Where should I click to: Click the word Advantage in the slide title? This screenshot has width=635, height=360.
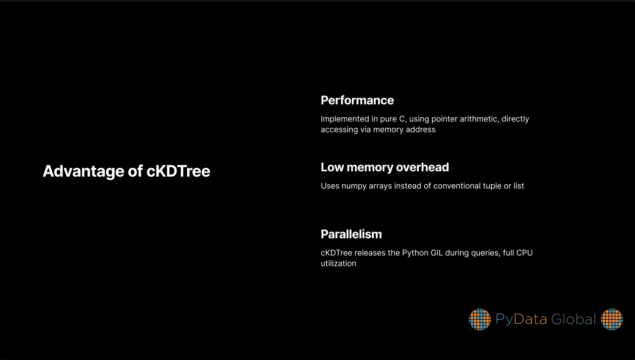[84, 171]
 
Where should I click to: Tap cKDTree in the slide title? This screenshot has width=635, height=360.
[178, 171]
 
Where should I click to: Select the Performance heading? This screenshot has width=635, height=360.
[357, 100]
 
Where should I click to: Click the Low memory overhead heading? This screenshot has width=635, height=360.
[384, 167]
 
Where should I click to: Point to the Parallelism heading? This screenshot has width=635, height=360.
[351, 234]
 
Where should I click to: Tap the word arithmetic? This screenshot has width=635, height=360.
[480, 119]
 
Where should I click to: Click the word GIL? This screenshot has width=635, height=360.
[437, 253]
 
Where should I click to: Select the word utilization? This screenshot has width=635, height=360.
[338, 264]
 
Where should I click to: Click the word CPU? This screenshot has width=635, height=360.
[524, 253]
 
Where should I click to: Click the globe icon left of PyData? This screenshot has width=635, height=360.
[480, 319]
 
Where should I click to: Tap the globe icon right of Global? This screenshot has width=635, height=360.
[612, 319]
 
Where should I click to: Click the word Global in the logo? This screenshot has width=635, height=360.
[573, 319]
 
